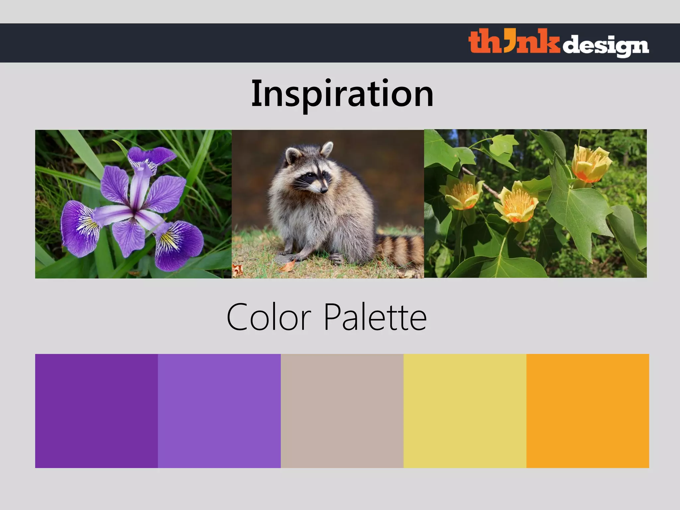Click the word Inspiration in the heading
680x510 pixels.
coord(342,94)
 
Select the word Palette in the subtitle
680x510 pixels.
coord(375,317)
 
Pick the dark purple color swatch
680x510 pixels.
coord(96,411)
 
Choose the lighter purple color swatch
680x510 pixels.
coord(219,411)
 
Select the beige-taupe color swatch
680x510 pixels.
coord(342,411)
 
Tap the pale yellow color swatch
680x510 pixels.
coord(465,411)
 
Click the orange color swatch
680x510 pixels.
coord(588,411)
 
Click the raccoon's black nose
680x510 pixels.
coord(324,190)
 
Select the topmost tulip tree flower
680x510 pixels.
coord(591,164)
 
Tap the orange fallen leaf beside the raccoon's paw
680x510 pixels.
coord(288,266)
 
